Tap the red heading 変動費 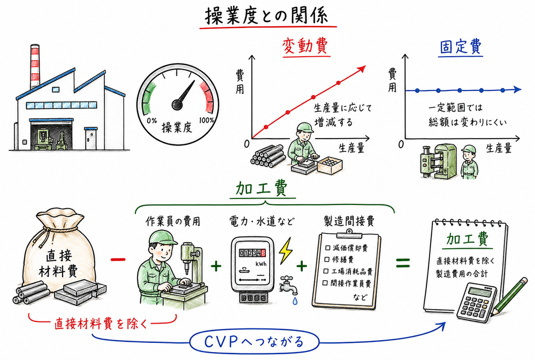click(304, 47)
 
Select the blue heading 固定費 click(461, 47)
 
